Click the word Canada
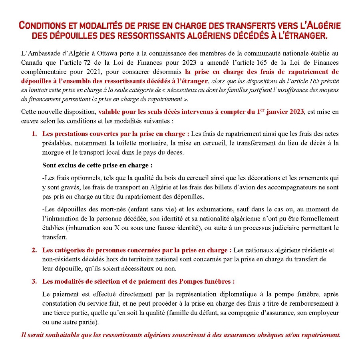point(31,63)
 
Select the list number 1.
point(34,133)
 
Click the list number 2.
point(34,251)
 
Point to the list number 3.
point(34,281)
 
